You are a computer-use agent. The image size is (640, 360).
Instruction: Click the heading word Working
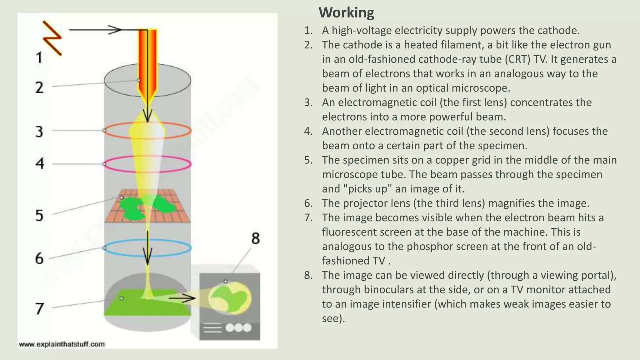click(x=346, y=13)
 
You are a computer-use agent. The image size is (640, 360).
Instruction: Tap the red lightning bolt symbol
click(x=52, y=38)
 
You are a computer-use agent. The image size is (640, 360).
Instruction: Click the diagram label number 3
click(x=39, y=132)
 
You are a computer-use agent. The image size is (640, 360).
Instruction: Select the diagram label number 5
click(x=39, y=215)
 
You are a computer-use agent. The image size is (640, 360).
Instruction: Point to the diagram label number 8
click(x=255, y=239)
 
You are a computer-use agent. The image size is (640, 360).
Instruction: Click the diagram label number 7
click(x=39, y=309)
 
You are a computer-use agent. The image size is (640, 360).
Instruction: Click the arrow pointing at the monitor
click(x=182, y=298)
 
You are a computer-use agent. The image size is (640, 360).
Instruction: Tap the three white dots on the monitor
click(x=238, y=327)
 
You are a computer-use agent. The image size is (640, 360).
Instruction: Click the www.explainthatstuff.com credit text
click(x=62, y=344)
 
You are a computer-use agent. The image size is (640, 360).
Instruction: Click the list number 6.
click(x=308, y=203)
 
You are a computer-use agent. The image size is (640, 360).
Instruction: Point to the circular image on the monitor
click(x=230, y=298)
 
